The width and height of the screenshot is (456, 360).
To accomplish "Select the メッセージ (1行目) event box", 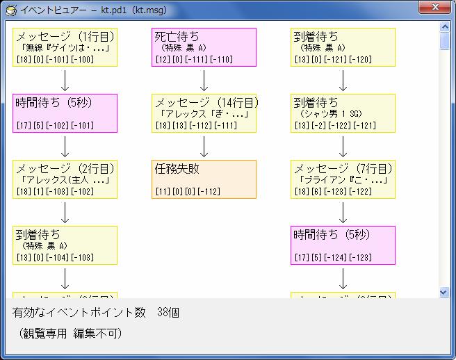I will [x=65, y=47].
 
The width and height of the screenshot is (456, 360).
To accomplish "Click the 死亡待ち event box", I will [x=204, y=47].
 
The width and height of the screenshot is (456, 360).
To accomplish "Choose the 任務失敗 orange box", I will [x=204, y=179].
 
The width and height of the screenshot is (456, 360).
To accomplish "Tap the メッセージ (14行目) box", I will [x=204, y=113].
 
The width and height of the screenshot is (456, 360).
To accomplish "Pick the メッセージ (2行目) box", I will [x=65, y=179].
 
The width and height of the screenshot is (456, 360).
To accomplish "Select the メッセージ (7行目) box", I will [x=343, y=179].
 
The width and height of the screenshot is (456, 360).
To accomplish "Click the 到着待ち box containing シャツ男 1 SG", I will [x=343, y=113].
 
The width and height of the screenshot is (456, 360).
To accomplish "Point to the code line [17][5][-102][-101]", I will [x=55, y=125].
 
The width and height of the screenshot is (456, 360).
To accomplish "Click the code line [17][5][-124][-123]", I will [x=333, y=257].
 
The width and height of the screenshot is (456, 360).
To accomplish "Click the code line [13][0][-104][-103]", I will [x=55, y=257].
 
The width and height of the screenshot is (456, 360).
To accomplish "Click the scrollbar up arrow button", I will [x=445, y=26].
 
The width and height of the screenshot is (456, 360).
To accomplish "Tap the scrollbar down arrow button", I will [x=445, y=293].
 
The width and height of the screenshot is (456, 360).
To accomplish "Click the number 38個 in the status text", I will [x=168, y=313].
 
